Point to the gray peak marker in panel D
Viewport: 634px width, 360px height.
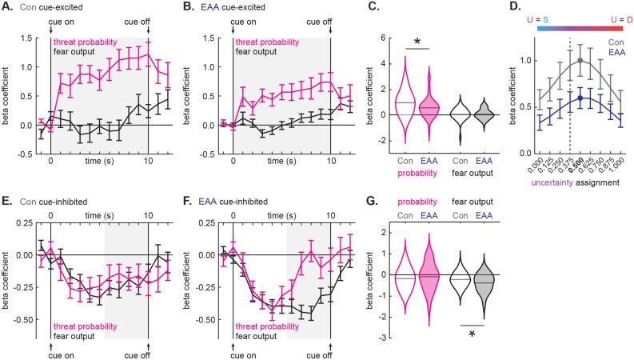(580, 60)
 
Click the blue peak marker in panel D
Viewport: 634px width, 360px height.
(580, 98)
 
